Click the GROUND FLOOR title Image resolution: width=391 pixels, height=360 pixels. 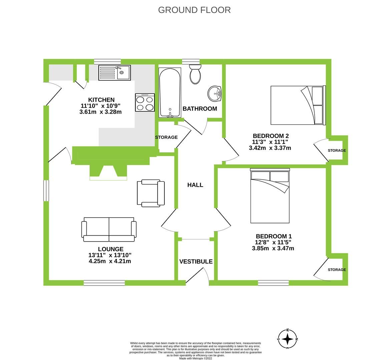pyautogui.click(x=194, y=10)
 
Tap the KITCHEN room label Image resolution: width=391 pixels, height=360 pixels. pyautogui.click(x=101, y=100)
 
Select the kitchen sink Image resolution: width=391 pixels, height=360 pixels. pyautogui.click(x=115, y=72)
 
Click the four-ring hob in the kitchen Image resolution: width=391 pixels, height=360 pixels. pyautogui.click(x=145, y=102)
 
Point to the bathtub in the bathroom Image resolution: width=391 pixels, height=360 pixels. pyautogui.click(x=170, y=92)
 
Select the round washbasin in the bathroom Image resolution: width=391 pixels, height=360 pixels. pyautogui.click(x=214, y=93)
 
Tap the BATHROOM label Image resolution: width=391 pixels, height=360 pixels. pyautogui.click(x=200, y=109)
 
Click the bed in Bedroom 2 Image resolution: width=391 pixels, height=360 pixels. pyautogui.click(x=298, y=105)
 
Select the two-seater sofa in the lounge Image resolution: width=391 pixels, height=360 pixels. pyautogui.click(x=109, y=229)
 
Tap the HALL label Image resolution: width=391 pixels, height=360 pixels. pyautogui.click(x=195, y=185)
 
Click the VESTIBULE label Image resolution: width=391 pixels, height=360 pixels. pyautogui.click(x=196, y=262)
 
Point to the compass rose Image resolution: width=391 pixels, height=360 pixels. pyautogui.click(x=288, y=339)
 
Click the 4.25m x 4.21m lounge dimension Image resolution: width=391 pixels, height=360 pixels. pyautogui.click(x=110, y=261)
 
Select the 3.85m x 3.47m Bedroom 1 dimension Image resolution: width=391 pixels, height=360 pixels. pyautogui.click(x=273, y=248)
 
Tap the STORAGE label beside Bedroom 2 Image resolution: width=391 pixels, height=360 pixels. pyautogui.click(x=337, y=151)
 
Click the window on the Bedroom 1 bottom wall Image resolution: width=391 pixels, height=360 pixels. pyautogui.click(x=273, y=283)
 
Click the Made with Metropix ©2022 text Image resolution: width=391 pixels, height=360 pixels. pyautogui.click(x=195, y=358)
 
